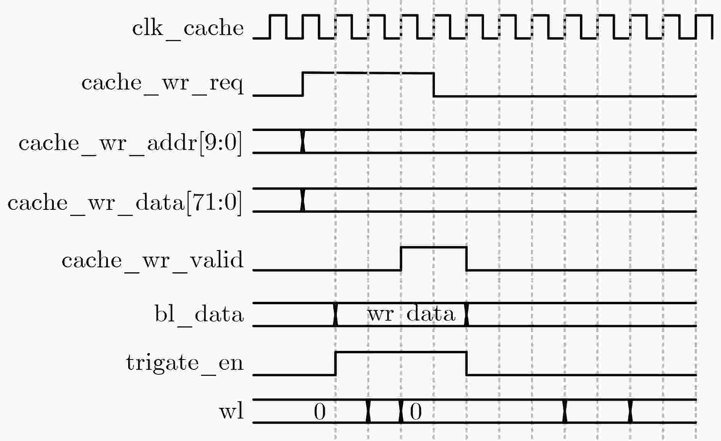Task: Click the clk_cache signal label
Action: pyautogui.click(x=188, y=28)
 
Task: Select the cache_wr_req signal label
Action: pyautogui.click(x=162, y=83)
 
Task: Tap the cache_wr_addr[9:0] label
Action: pyautogui.click(x=130, y=143)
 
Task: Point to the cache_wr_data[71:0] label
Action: pyautogui.click(x=125, y=202)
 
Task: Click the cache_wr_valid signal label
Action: pyautogui.click(x=152, y=260)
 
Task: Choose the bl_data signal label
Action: pyautogui.click(x=199, y=315)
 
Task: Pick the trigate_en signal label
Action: pyautogui.click(x=184, y=363)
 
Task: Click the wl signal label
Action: pyautogui.click(x=231, y=411)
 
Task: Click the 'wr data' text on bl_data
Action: pyautogui.click(x=411, y=315)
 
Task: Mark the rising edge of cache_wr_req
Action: pyautogui.click(x=303, y=84)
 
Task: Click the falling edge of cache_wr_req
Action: pyautogui.click(x=434, y=85)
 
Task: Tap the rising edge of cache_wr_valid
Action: pyautogui.click(x=401, y=259)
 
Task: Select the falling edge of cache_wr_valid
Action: pyautogui.click(x=466, y=259)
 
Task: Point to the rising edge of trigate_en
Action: pyautogui.click(x=335, y=363)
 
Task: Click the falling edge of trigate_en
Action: pyautogui.click(x=466, y=363)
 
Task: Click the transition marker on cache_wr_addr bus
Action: pyautogui.click(x=303, y=141)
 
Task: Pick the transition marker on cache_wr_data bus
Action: pyautogui.click(x=303, y=200)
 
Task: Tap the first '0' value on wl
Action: pyautogui.click(x=320, y=412)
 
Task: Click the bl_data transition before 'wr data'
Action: pyautogui.click(x=335, y=315)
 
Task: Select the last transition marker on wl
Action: pyautogui.click(x=630, y=411)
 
